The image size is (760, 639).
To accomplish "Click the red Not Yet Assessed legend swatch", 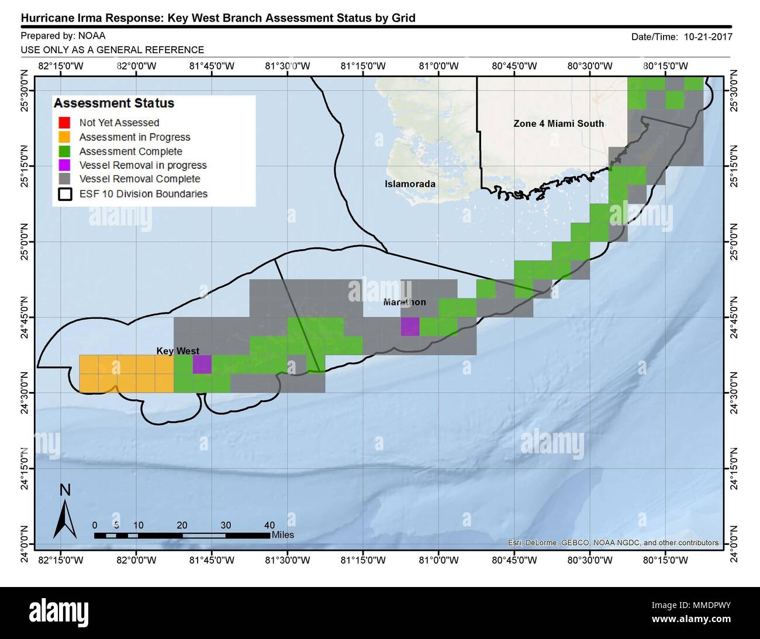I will (64, 123).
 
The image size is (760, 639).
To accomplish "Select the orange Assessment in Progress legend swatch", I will (64, 137).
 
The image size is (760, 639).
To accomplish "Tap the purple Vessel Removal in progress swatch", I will (64, 165).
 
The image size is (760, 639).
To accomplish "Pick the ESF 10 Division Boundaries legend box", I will (64, 194).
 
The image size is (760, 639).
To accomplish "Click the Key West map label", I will (178, 351).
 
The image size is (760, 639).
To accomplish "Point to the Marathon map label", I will (405, 302).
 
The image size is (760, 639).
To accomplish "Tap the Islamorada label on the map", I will (410, 184).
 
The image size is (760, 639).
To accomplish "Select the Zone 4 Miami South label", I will (558, 123).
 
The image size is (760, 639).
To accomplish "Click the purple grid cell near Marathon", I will (410, 327).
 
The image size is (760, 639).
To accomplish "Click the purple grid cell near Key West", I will (202, 364).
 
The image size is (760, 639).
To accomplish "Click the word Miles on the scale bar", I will (283, 535).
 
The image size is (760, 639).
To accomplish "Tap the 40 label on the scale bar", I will (269, 525).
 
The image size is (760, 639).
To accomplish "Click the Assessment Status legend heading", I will (114, 103).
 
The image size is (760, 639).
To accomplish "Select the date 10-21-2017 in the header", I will (706, 36).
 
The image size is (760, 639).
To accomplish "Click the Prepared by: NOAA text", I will (63, 36).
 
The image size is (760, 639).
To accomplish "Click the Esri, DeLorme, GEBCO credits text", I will (613, 543).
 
